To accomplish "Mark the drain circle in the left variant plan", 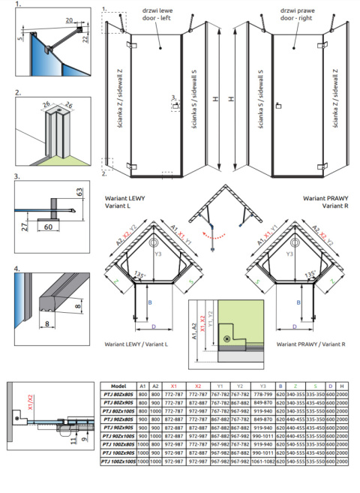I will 155,242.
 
